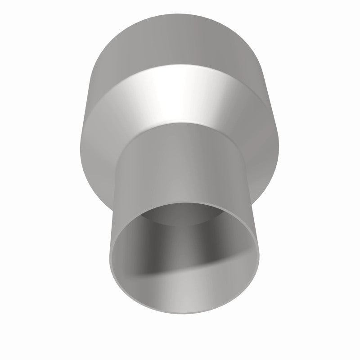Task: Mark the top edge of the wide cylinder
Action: coord(180,19)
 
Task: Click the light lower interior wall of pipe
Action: coord(189,301)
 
